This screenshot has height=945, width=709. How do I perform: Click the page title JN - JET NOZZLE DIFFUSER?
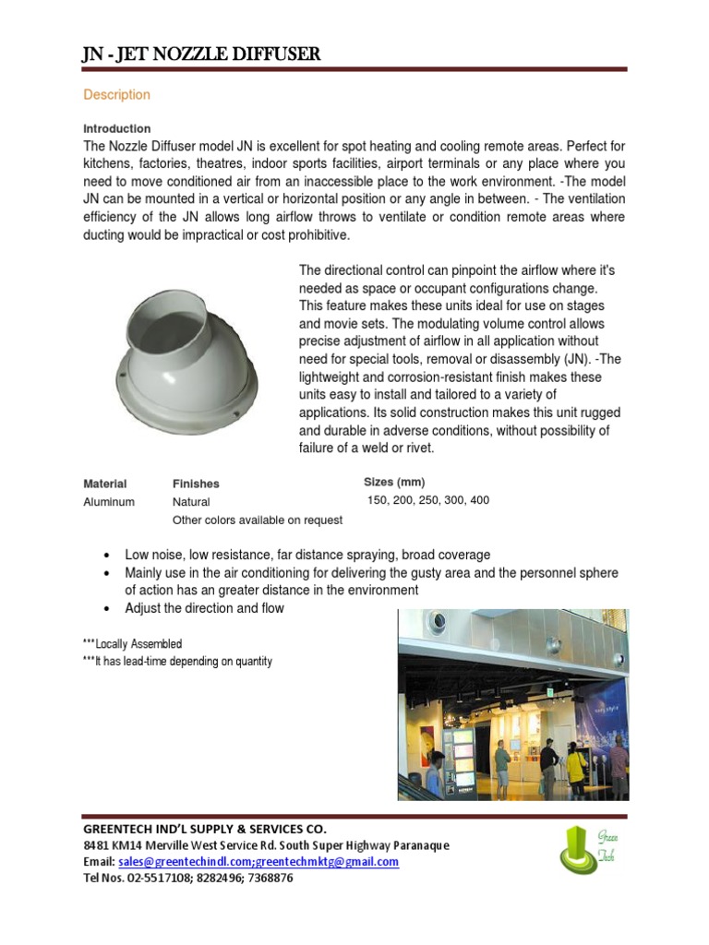(201, 54)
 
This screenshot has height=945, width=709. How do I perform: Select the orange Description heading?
(116, 94)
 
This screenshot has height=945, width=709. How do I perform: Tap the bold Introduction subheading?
(117, 128)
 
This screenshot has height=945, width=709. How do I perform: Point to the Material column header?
(105, 484)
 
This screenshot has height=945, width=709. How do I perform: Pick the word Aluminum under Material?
(109, 502)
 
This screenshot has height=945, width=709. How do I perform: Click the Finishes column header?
(196, 484)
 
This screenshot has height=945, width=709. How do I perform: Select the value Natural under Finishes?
(191, 502)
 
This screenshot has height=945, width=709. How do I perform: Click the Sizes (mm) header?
(394, 482)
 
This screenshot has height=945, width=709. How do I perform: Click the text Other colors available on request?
(257, 520)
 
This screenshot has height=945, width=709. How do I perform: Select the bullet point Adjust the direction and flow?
(204, 608)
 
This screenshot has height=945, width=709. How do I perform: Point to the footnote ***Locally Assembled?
(133, 643)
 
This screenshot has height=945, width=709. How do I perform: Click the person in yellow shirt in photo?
(575, 762)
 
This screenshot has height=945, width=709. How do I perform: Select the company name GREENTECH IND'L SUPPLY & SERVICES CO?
(205, 829)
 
